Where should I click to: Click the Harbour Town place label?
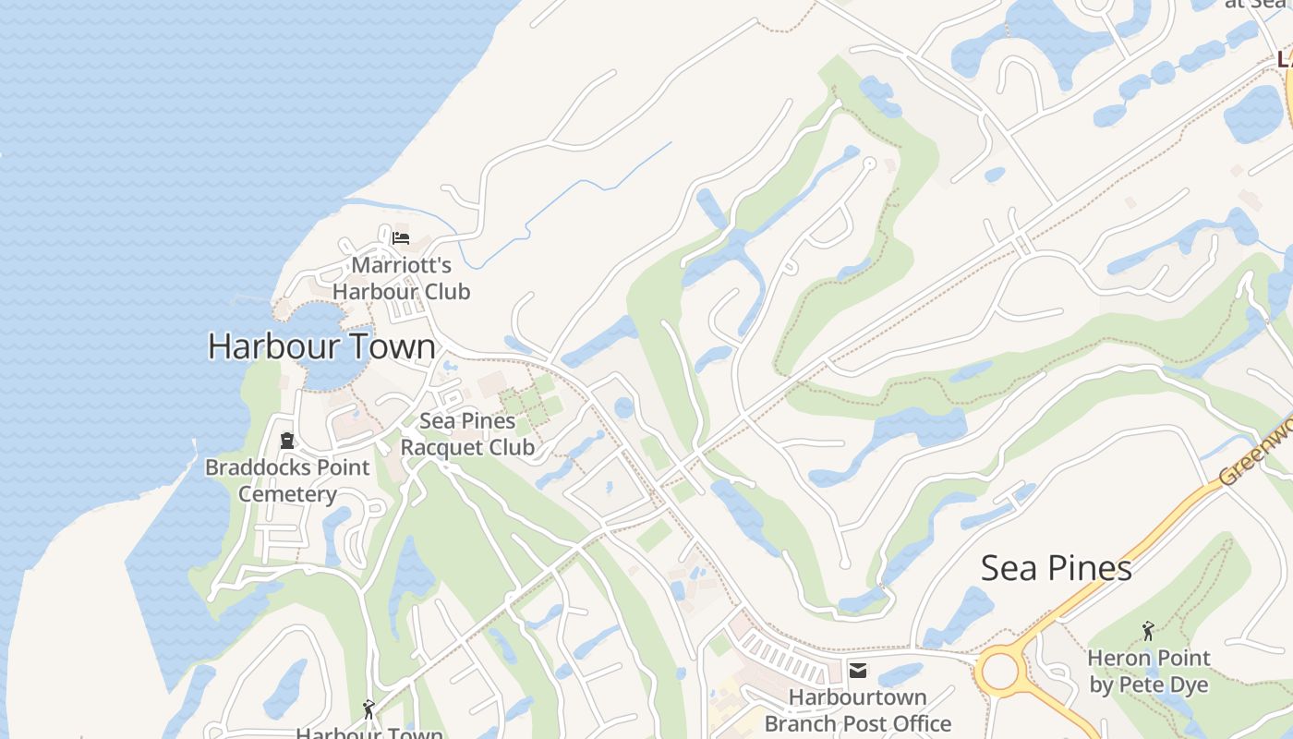pos(321,346)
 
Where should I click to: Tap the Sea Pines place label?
pos(1056,567)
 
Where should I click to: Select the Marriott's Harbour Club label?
pos(401,278)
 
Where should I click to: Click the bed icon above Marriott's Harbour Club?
pos(400,238)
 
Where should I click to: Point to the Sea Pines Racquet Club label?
pos(467,434)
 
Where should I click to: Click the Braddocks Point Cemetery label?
pos(287,480)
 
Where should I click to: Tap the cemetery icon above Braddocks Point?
pos(286,441)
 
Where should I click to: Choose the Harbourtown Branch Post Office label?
pos(857,709)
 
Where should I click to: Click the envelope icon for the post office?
pos(858,672)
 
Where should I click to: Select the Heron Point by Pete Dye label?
pos(1148,672)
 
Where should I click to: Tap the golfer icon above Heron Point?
pos(1148,631)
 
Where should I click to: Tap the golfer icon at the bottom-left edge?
pos(369,709)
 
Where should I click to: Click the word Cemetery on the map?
pos(287,494)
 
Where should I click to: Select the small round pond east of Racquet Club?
pos(624,407)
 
